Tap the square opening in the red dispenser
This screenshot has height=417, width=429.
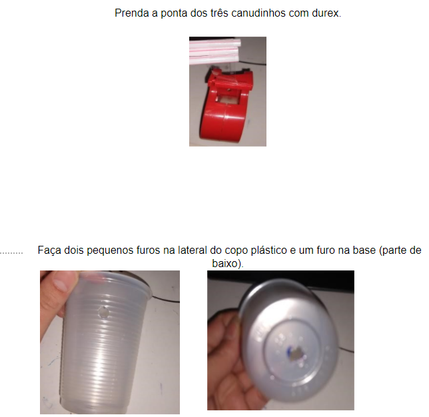pyautogui.click(x=229, y=98)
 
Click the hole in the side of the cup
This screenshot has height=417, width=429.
pyautogui.click(x=103, y=312)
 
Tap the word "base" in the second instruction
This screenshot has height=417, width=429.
pyautogui.click(x=363, y=250)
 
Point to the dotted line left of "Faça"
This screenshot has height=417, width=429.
pyautogui.click(x=11, y=253)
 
